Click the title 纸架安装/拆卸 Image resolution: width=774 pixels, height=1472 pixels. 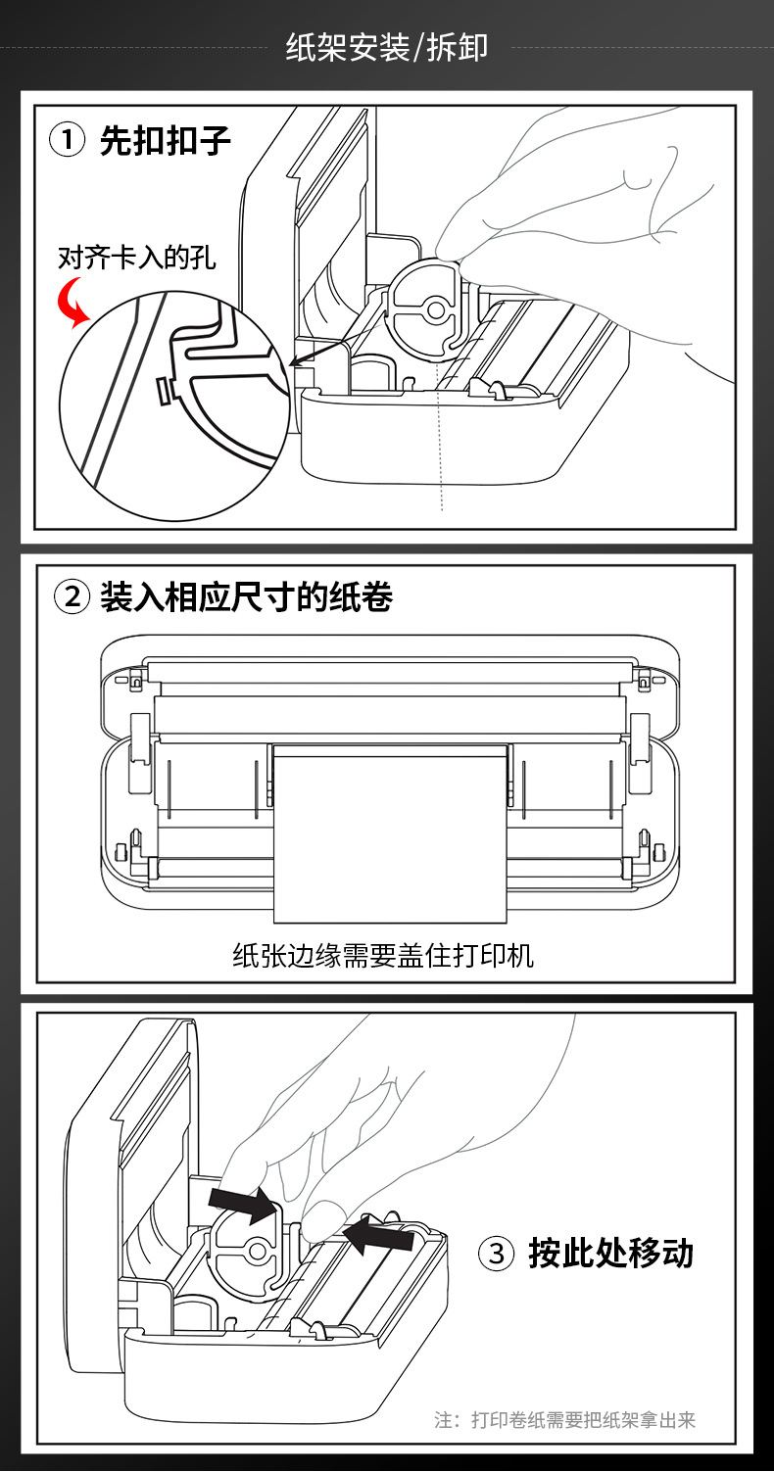(x=386, y=46)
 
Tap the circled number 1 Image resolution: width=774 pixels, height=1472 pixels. (x=68, y=140)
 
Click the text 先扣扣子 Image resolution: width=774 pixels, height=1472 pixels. (x=166, y=140)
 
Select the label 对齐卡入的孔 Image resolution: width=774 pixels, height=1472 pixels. (x=137, y=259)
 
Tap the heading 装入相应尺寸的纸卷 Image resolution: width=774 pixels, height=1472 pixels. (x=246, y=595)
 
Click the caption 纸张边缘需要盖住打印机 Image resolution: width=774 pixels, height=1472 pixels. (x=383, y=955)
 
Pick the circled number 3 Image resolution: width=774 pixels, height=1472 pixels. (x=496, y=1253)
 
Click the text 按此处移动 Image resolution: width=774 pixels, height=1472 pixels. (x=610, y=1253)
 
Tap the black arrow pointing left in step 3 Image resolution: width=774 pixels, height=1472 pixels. (x=379, y=1235)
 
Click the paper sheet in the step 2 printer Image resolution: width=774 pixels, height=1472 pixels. (x=390, y=832)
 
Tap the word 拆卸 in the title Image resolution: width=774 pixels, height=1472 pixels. (x=458, y=46)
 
